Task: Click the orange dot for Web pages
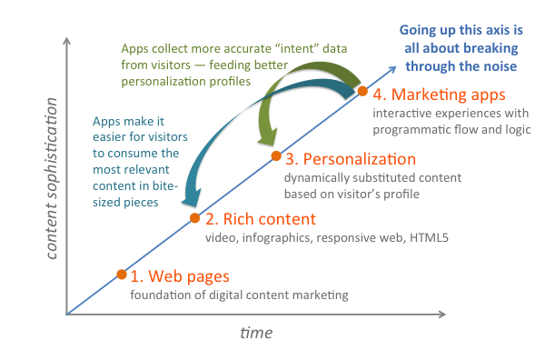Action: (122, 274)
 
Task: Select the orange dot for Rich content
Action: (194, 218)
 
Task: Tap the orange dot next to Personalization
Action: (275, 155)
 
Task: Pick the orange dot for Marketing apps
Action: (362, 91)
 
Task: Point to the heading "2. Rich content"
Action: (260, 219)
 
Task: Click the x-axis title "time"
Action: (256, 334)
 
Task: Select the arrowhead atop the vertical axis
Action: (66, 42)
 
